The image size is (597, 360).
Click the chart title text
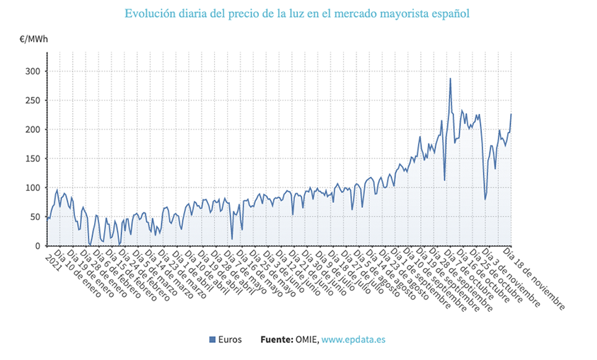pos(297,13)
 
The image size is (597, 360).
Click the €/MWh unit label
pos(34,39)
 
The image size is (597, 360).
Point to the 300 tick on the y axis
pos(33,71)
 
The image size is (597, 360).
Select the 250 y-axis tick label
pos(33,100)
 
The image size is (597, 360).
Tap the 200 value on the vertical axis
pos(33,129)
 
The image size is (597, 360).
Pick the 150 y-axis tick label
pos(33,158)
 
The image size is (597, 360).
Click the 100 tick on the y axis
pos(33,188)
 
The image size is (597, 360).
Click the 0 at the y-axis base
pos(37,246)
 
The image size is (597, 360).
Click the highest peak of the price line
pos(450,79)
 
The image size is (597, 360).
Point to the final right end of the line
pos(511,114)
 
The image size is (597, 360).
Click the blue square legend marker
pos(212,340)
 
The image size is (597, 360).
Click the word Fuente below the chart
pos(277,340)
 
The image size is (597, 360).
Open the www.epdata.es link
pos(354,340)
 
